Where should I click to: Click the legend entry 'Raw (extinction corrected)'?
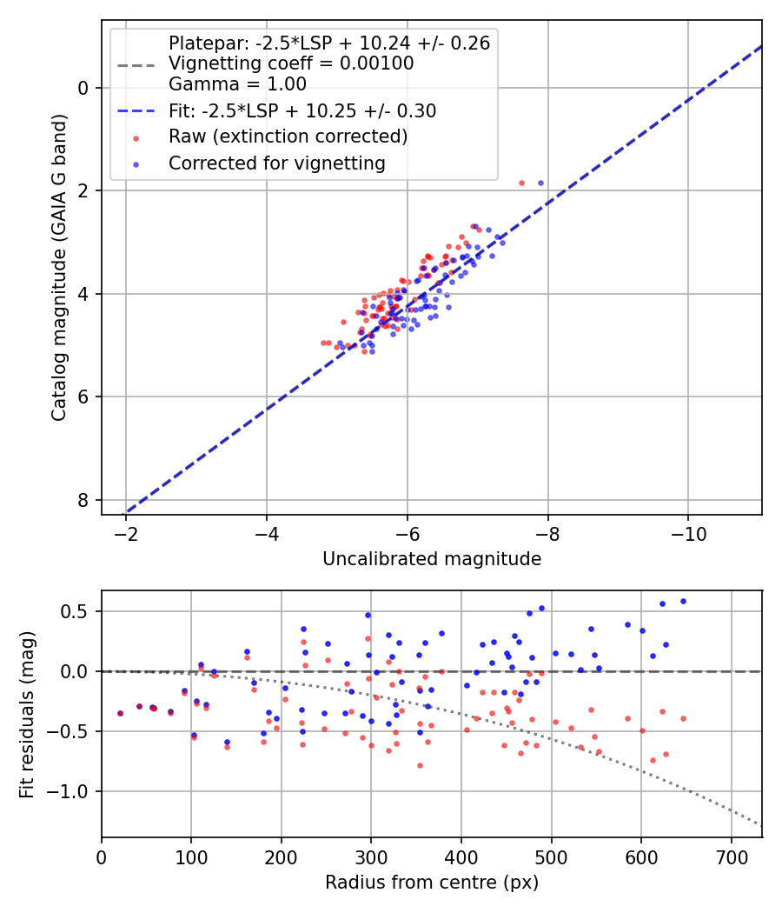(x=288, y=137)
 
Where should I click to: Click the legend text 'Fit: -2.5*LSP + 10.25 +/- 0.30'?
(x=302, y=110)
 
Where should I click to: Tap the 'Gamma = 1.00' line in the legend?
(x=237, y=84)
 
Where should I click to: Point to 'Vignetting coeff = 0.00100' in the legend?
(x=291, y=63)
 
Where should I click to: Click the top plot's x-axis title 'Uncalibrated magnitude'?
(x=432, y=559)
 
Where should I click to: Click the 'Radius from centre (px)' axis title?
(x=432, y=883)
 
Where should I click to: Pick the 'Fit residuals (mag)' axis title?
(x=28, y=713)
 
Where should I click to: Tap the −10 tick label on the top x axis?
(x=688, y=531)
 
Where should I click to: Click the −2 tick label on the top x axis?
(x=126, y=531)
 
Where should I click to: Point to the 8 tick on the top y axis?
(x=83, y=500)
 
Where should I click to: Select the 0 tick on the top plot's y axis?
(x=83, y=88)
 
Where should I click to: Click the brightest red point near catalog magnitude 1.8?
(x=521, y=183)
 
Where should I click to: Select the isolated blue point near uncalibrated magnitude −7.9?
(x=540, y=183)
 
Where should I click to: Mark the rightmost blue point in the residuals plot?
(x=683, y=601)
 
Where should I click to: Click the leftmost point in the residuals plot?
(x=120, y=713)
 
